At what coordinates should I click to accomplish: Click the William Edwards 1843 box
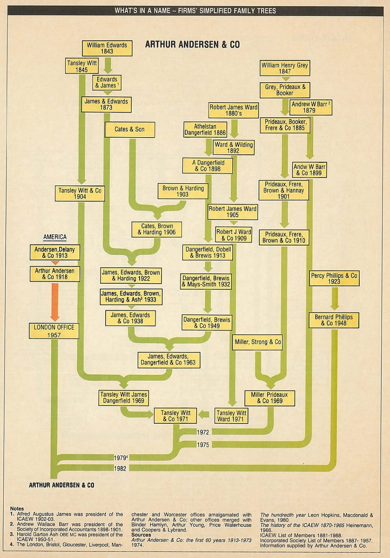point(107,48)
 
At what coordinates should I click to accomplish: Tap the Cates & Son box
point(129,130)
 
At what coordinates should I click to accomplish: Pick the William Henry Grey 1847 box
point(285,68)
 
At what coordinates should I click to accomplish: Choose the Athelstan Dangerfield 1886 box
point(205,129)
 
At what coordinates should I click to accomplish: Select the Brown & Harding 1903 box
point(182,191)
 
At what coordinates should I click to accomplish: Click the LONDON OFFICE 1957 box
point(54,331)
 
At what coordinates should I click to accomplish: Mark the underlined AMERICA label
point(55,237)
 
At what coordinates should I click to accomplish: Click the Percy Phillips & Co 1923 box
point(334,279)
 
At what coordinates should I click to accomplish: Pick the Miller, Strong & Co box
point(258,342)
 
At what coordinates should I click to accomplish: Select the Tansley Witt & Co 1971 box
point(175,416)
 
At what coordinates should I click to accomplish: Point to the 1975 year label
point(202,445)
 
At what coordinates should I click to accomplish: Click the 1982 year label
point(120,468)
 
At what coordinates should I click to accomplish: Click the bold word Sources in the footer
point(141,535)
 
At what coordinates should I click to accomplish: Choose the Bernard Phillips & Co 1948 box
point(334,320)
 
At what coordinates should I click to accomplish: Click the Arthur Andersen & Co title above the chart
point(192,45)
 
